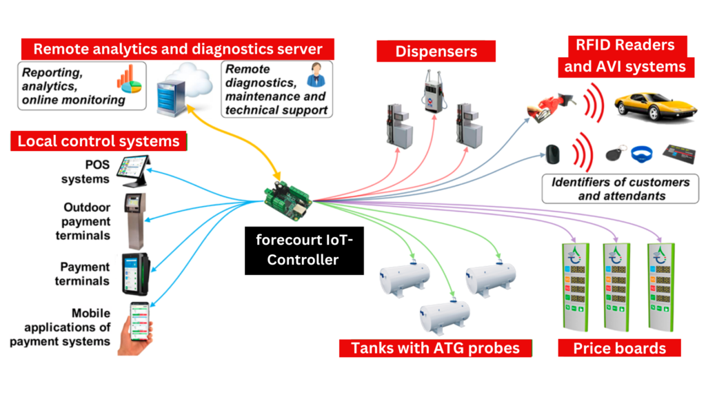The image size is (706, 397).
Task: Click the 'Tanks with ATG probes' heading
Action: [436, 348]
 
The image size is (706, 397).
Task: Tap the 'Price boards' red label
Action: [619, 348]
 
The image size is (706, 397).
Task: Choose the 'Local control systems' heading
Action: [99, 142]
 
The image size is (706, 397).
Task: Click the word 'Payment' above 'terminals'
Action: [85, 267]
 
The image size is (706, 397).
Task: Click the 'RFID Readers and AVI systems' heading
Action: [625, 57]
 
